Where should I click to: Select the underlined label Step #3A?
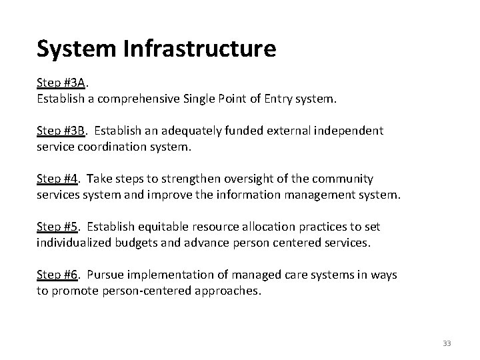(61, 83)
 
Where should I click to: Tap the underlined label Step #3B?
(61, 131)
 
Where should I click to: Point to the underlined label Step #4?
(59, 179)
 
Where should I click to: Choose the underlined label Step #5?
(59, 227)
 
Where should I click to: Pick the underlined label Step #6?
(59, 275)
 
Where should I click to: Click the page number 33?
(446, 343)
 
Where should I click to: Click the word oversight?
(256, 179)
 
